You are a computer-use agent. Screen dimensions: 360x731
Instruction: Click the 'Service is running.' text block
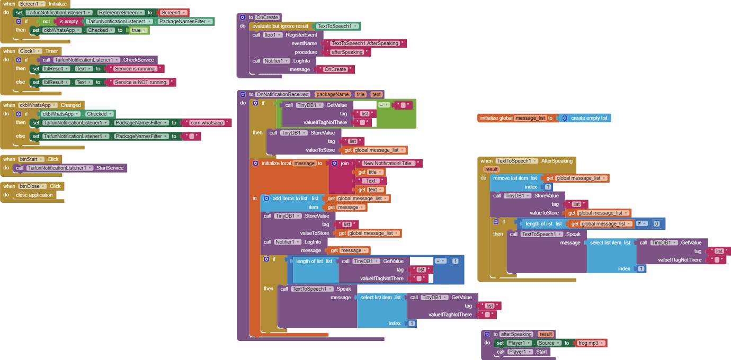(x=135, y=69)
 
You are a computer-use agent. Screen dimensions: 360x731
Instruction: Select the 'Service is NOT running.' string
(x=141, y=82)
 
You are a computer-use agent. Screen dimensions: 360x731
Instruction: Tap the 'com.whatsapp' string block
(x=207, y=123)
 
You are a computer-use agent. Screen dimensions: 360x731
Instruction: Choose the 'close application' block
(x=34, y=195)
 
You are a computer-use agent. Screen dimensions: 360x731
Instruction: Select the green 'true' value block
(x=137, y=30)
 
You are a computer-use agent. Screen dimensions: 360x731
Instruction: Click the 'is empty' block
(x=68, y=22)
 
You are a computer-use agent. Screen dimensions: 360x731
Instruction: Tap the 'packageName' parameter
(x=333, y=94)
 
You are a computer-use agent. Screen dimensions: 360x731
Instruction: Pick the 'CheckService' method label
(x=138, y=60)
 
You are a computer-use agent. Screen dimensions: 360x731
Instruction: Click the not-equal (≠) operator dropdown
(x=642, y=223)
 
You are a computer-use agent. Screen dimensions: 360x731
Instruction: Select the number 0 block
(x=657, y=224)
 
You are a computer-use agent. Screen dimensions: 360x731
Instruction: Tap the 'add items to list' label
(x=290, y=199)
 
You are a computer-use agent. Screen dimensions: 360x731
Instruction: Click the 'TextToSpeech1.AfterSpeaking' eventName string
(x=365, y=43)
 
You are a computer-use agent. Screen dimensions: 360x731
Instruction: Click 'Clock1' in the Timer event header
(x=30, y=51)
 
